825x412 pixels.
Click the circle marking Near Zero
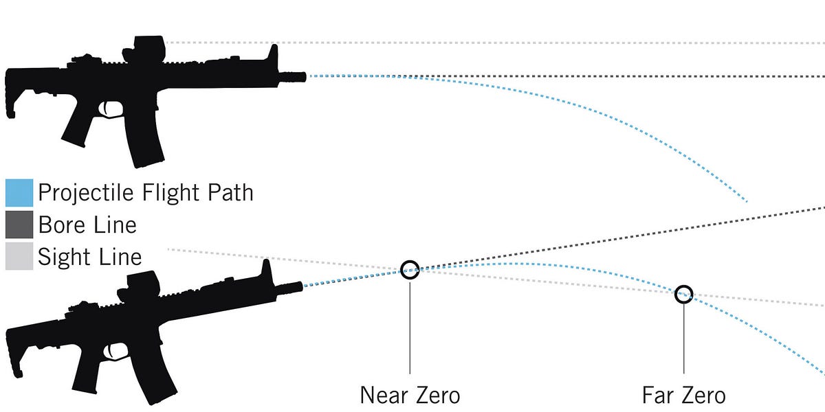(x=410, y=269)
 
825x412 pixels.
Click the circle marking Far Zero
(x=683, y=294)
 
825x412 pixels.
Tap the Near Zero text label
(x=410, y=396)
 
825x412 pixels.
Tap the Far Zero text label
(x=683, y=396)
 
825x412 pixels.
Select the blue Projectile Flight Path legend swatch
(x=19, y=193)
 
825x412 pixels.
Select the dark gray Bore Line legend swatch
(x=19, y=225)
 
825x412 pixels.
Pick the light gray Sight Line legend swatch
(x=19, y=257)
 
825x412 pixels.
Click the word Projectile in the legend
(x=82, y=192)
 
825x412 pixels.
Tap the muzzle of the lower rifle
(x=295, y=287)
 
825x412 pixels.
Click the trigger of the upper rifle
(x=109, y=109)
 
